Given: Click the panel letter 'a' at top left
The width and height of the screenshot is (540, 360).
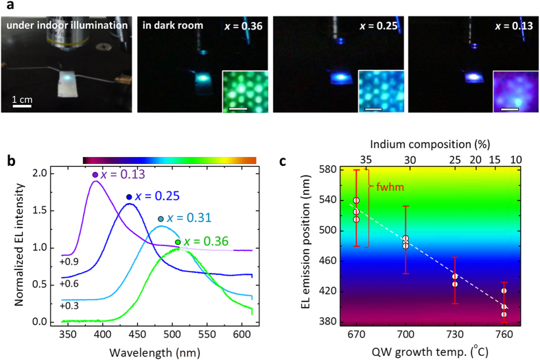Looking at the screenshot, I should point(5,5).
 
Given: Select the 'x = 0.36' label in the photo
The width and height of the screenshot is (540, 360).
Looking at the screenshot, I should point(245,26).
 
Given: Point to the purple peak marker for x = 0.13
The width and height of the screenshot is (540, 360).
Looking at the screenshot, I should point(95,175).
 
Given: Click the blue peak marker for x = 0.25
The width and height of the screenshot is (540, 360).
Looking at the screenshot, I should point(128,197).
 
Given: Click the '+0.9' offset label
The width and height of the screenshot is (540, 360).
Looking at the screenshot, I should point(68,261).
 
